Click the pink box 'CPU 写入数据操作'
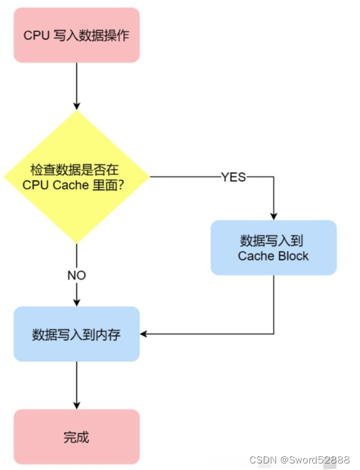76,35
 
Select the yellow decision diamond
76,177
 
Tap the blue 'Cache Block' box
273,247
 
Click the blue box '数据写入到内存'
76,334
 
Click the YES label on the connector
233,177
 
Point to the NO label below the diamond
76,275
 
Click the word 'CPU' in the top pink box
36,35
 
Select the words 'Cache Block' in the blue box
273,256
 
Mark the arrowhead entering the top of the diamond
76,105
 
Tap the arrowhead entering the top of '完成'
76,404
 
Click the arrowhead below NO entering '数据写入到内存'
76,302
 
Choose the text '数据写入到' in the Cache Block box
273,239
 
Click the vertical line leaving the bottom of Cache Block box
273,304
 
